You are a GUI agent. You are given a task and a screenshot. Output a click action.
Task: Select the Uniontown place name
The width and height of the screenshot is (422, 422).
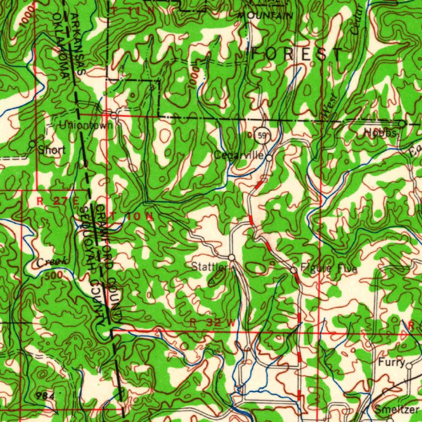tap(86, 125)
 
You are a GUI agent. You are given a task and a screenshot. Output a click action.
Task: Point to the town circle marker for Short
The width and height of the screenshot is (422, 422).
tap(32, 144)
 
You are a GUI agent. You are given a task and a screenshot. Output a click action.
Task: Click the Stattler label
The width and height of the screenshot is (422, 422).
tap(209, 267)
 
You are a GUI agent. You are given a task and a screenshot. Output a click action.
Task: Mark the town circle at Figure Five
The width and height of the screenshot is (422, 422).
tap(293, 270)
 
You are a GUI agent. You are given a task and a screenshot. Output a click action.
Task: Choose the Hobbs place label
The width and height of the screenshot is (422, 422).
tap(380, 133)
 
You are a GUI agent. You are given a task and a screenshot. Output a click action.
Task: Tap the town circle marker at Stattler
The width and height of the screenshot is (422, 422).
tap(232, 257)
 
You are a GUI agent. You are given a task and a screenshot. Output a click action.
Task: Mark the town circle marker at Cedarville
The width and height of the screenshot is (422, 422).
tap(269, 157)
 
